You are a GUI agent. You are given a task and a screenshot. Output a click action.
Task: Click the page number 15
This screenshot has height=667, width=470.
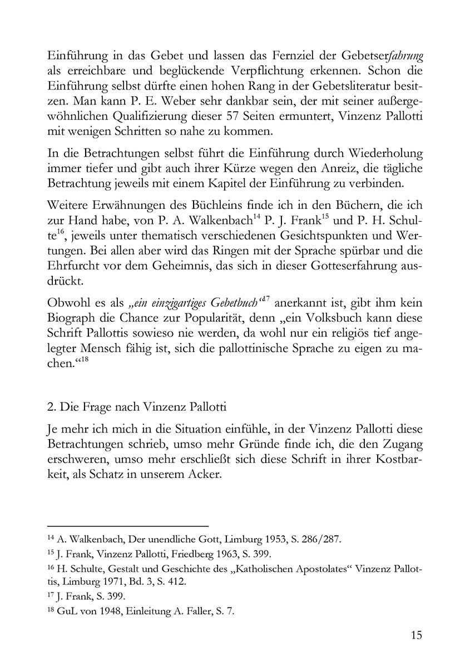coord(415,635)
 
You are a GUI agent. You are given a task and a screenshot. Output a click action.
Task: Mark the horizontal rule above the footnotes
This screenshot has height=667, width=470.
coord(127,525)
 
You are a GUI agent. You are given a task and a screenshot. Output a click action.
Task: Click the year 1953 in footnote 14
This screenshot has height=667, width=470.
coord(261,539)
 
